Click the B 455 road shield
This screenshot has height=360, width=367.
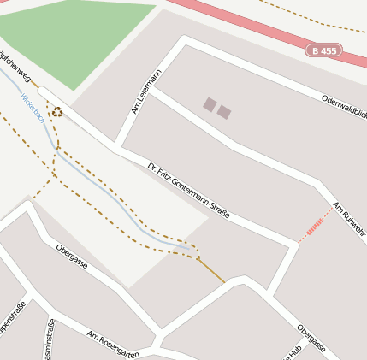tap(324, 51)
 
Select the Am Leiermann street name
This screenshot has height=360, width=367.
tap(145, 91)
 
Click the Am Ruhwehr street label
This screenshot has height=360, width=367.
tap(348, 219)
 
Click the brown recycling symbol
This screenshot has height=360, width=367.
tap(56, 112)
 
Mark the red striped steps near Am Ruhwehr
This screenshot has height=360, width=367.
tap(316, 226)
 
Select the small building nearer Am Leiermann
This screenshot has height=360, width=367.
tap(210, 104)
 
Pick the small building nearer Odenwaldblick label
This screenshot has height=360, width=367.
tap(224, 112)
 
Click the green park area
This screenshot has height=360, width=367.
tap(77, 38)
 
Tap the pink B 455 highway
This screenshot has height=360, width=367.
tap(257, 23)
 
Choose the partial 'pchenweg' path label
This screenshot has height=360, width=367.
tap(15, 67)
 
